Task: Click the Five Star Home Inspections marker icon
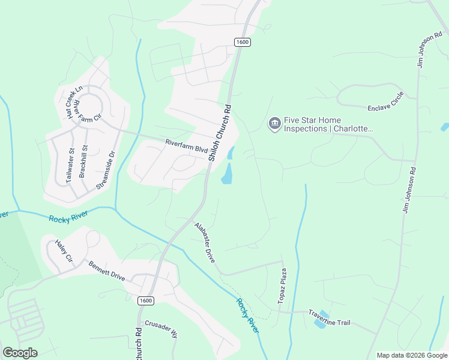pos(275,124)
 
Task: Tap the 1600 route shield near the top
pos(242,42)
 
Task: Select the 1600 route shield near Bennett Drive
pos(145,301)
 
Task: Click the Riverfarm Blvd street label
pos(186,145)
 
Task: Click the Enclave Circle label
pos(385,104)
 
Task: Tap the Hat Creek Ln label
pos(74,101)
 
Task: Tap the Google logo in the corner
pos(20,353)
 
